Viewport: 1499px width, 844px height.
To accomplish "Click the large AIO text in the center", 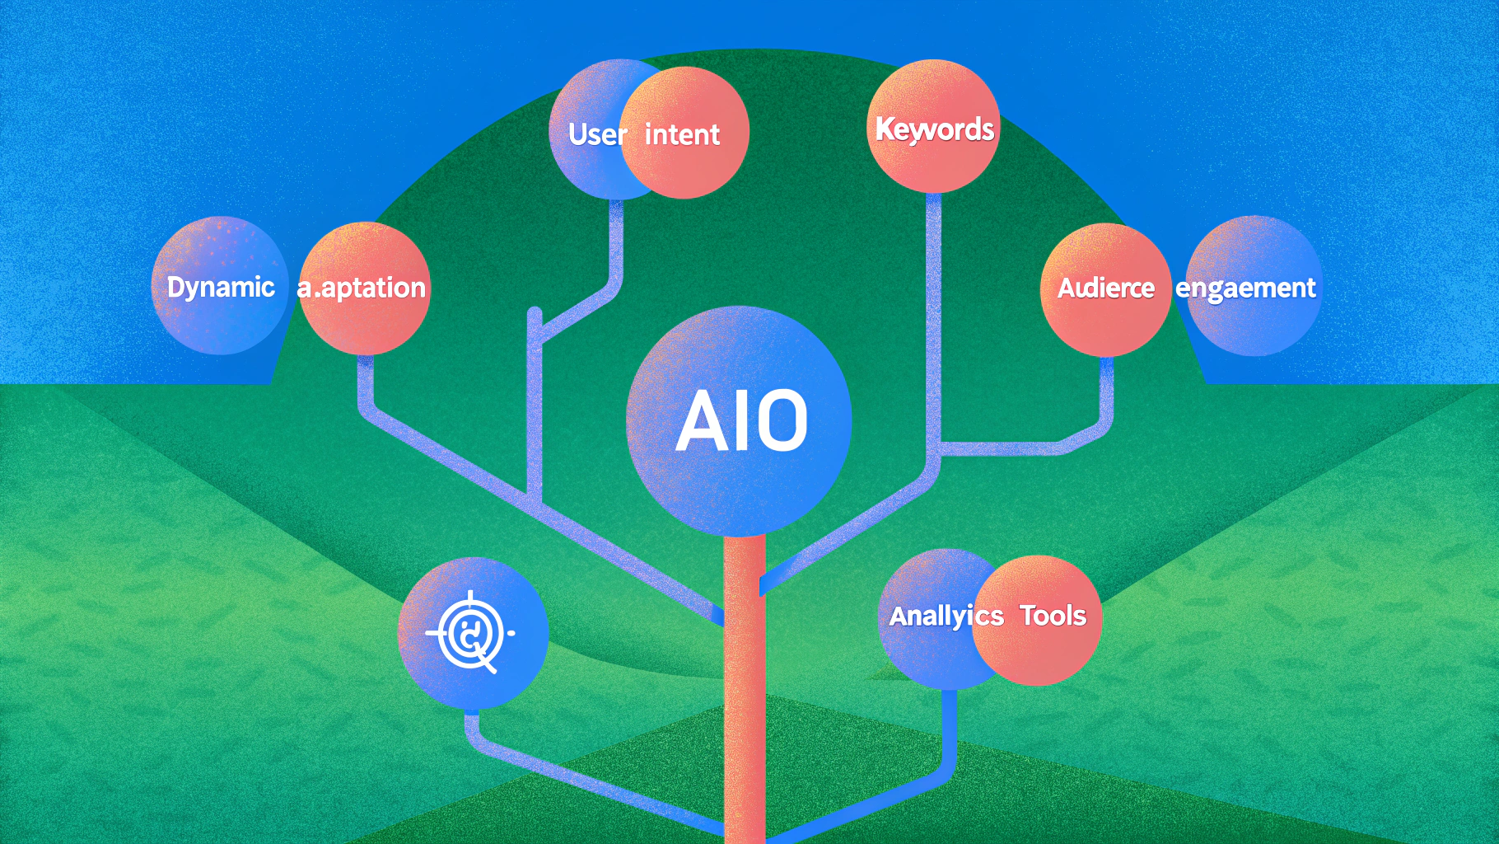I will (x=741, y=420).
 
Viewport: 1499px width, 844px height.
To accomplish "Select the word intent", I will (x=682, y=134).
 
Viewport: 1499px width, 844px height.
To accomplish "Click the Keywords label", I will (x=934, y=129).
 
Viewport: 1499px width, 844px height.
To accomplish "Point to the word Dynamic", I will (x=221, y=287).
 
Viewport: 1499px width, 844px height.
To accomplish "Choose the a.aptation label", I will (x=362, y=288).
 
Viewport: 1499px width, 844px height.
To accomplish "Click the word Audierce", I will (x=1105, y=288).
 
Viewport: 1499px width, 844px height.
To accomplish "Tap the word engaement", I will (x=1245, y=288).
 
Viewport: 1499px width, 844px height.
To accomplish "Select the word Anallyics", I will (x=946, y=616).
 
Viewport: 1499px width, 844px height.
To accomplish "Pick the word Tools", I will (x=1053, y=616).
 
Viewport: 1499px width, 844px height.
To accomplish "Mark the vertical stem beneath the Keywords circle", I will (x=933, y=313).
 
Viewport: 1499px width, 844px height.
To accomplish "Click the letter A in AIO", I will (x=701, y=420).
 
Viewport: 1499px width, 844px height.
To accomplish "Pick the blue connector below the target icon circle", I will (x=473, y=729).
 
